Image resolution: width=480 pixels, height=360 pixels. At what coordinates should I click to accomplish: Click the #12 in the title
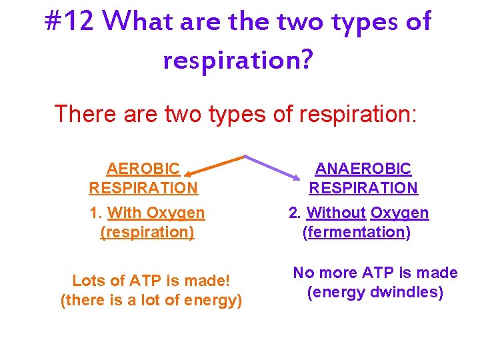(69, 23)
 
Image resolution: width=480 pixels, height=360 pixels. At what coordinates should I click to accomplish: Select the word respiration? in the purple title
(238, 60)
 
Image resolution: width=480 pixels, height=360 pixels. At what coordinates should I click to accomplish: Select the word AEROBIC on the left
(143, 169)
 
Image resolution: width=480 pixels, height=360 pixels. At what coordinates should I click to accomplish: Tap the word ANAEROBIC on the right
(363, 169)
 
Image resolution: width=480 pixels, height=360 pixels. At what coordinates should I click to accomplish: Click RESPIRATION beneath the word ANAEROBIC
(363, 188)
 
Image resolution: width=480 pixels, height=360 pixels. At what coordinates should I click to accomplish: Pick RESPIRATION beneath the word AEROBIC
(143, 188)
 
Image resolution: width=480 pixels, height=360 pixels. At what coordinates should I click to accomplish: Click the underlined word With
(124, 213)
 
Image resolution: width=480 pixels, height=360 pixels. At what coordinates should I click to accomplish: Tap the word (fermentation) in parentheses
(357, 232)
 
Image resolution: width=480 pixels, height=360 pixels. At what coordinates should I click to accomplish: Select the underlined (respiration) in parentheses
(147, 232)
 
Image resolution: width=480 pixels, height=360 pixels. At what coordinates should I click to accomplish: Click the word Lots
(88, 281)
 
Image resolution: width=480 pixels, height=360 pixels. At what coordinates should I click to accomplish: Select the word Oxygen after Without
(399, 213)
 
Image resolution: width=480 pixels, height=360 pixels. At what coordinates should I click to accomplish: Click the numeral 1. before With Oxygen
(96, 213)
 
